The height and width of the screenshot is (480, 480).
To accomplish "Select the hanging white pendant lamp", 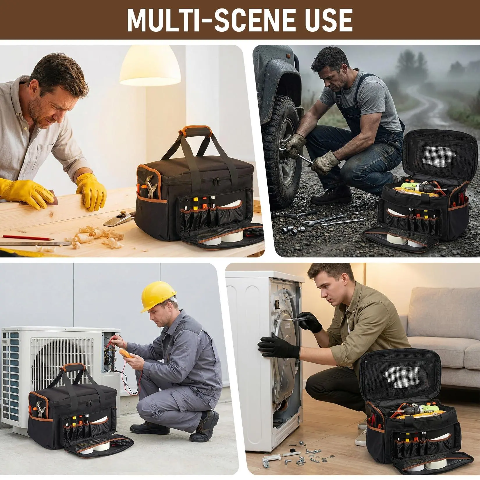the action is (150, 67).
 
